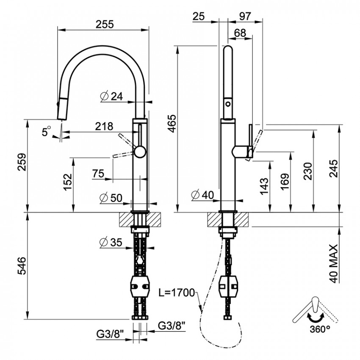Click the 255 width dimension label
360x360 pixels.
(x=105, y=24)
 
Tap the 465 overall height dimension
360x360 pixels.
(x=172, y=123)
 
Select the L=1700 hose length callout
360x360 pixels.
(x=176, y=293)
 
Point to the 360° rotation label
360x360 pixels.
(x=320, y=329)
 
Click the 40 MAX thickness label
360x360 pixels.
(x=333, y=264)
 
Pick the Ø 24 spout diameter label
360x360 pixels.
(x=112, y=97)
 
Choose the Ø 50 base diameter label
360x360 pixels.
(x=111, y=198)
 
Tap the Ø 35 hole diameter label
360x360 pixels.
(x=111, y=242)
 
